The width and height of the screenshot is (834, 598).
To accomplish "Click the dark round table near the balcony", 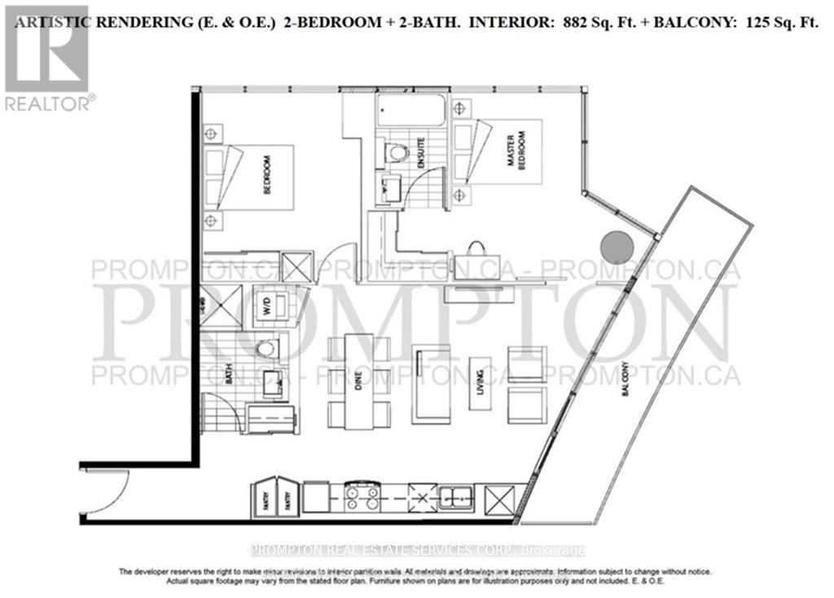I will tap(616, 245).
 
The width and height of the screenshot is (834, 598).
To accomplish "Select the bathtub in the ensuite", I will tap(411, 110).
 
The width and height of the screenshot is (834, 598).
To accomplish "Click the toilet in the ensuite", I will tap(397, 152).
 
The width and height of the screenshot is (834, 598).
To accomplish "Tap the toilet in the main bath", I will tap(266, 349).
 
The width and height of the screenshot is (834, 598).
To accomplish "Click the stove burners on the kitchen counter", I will tap(362, 496).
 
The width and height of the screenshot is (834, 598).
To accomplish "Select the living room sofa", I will tap(431, 383).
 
